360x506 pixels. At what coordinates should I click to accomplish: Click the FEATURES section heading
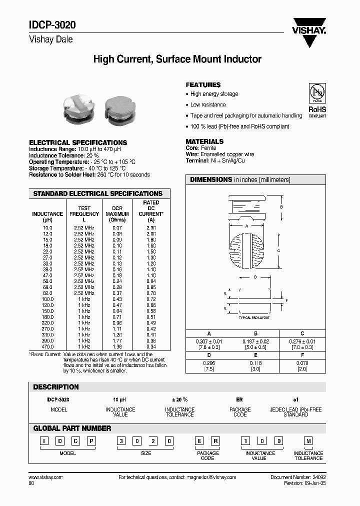pyautogui.click(x=203, y=85)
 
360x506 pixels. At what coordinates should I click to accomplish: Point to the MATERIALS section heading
pyautogui.click(x=204, y=141)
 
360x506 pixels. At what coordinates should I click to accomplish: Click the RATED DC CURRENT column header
pyautogui.click(x=151, y=210)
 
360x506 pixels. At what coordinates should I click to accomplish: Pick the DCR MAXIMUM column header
pyautogui.click(x=117, y=213)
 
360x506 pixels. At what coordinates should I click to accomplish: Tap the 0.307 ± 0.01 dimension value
pyautogui.click(x=209, y=341)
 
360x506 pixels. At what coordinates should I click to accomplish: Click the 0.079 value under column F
pyautogui.click(x=302, y=363)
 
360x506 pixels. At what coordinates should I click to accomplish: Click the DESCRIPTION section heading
pyautogui.click(x=56, y=387)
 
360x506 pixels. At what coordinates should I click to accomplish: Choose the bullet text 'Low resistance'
pyautogui.click(x=208, y=105)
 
